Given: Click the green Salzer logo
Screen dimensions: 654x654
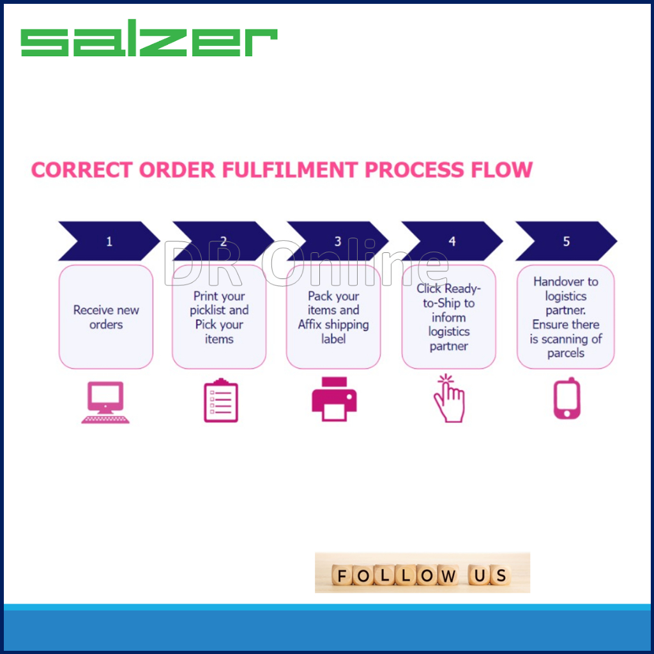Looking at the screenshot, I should [149, 42].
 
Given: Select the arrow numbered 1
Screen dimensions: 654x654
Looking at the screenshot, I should [109, 241].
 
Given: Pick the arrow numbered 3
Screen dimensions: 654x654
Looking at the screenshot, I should [337, 241].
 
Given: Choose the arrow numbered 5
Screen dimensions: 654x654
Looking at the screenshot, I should [566, 241].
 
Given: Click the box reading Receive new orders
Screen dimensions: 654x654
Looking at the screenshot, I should [106, 317].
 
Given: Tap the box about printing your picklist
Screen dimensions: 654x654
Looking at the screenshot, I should [219, 317].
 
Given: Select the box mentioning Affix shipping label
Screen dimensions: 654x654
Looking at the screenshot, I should [333, 317].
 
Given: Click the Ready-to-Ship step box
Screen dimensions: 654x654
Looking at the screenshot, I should [448, 317].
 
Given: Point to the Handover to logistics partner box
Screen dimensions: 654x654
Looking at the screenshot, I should [566, 317].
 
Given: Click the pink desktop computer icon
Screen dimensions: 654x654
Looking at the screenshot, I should [105, 402].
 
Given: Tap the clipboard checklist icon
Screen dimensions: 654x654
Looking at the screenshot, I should [220, 400].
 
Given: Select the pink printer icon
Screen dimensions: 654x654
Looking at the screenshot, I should [334, 399].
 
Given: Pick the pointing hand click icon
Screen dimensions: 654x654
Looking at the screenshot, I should [449, 398].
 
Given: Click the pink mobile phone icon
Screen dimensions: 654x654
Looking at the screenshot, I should [567, 399].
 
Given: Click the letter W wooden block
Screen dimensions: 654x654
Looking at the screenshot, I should [446, 576].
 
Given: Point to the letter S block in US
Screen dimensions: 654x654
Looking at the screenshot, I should [501, 576].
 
